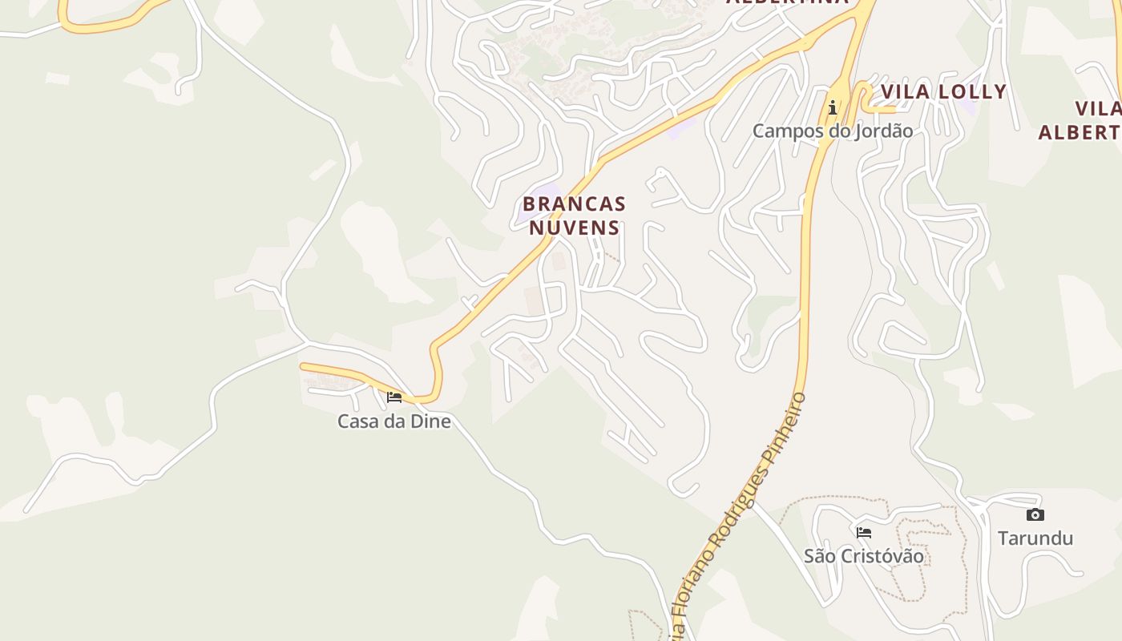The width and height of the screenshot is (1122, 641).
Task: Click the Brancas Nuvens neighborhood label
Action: pyautogui.click(x=574, y=216)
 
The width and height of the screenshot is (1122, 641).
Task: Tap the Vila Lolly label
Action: pyautogui.click(x=943, y=92)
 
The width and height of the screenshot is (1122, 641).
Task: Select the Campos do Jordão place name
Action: pyautogui.click(x=832, y=131)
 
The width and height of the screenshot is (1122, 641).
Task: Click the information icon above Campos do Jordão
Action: pyautogui.click(x=833, y=107)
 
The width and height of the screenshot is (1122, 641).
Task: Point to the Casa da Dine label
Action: pyautogui.click(x=394, y=421)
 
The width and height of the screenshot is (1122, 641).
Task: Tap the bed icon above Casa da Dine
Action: pyautogui.click(x=394, y=397)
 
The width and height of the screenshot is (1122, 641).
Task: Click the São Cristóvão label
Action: pyautogui.click(x=863, y=556)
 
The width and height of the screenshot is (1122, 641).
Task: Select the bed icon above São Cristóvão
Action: pyautogui.click(x=863, y=532)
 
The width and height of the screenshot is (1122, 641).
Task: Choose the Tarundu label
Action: pyautogui.click(x=1035, y=538)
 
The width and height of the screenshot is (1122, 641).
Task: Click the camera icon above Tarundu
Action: pyautogui.click(x=1035, y=514)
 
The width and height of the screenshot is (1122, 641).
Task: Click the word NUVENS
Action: pyautogui.click(x=574, y=228)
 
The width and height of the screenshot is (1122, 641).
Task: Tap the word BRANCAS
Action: pyautogui.click(x=574, y=204)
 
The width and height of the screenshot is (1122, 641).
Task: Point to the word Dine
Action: pyautogui.click(x=431, y=421)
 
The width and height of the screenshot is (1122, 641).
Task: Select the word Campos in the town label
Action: pyautogui.click(x=782, y=131)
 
